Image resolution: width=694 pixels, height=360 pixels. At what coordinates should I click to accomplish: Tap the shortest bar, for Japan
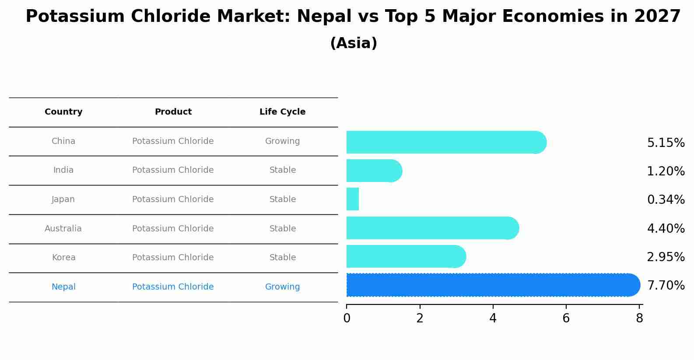tap(353, 199)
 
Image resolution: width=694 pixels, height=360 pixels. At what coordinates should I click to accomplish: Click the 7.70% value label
tap(666, 286)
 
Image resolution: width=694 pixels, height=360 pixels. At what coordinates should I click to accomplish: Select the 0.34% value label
tap(666, 200)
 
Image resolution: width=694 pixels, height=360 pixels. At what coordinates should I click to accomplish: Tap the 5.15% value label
tap(666, 143)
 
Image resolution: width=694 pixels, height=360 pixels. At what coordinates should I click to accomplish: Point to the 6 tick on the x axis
tap(566, 318)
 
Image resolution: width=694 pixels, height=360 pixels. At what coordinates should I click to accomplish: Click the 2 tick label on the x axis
tap(420, 318)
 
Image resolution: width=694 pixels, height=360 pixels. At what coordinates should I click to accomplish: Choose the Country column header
tap(63, 112)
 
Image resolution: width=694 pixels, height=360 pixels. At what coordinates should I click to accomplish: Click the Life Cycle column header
tap(282, 112)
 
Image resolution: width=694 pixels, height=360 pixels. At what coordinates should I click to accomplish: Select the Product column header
tap(173, 112)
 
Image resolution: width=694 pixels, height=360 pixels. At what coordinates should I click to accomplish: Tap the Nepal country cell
tap(63, 287)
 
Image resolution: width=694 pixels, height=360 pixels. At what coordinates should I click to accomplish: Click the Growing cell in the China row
tap(282, 141)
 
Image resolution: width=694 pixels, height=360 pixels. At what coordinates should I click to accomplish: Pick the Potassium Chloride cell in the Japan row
tap(173, 199)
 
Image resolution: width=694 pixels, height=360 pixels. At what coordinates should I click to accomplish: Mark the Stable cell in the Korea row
tap(282, 258)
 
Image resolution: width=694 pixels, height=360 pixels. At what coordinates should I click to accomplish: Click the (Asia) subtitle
tap(354, 43)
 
